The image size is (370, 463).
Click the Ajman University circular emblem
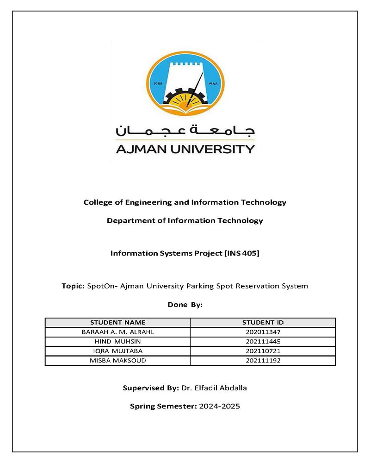[x=185, y=83]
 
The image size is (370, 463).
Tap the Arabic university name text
[x=185, y=130]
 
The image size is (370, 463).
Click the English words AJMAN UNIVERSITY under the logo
[x=185, y=149]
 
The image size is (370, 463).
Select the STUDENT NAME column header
[x=117, y=322]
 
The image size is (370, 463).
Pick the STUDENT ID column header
[x=263, y=322]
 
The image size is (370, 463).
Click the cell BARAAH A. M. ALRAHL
[x=117, y=332]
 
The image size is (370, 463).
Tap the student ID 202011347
[x=263, y=332]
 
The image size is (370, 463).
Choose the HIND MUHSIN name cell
[x=117, y=341]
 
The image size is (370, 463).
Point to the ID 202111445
[x=263, y=341]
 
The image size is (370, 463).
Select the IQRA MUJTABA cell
[x=117, y=351]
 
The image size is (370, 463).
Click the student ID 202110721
[x=263, y=351]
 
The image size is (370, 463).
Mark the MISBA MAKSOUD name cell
[x=117, y=360]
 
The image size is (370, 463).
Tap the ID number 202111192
[x=263, y=360]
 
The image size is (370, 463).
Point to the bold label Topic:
[x=73, y=286]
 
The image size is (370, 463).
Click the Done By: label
[x=185, y=305]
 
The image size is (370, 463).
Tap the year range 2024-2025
[x=219, y=407]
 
